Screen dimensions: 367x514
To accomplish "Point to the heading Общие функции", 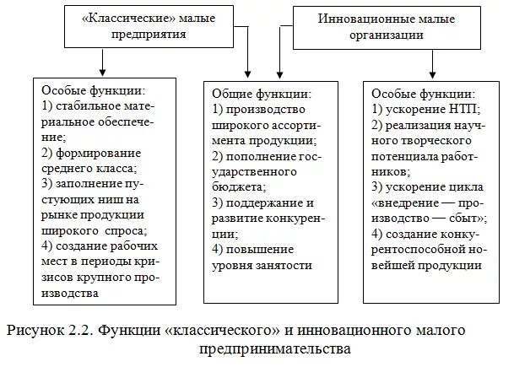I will [261, 94].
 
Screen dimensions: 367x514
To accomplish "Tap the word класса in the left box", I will [117, 168].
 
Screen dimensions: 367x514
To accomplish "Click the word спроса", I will [125, 229].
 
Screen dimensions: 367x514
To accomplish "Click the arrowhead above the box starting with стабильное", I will [102, 71].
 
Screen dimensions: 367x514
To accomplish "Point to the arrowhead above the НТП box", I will [432, 71].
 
